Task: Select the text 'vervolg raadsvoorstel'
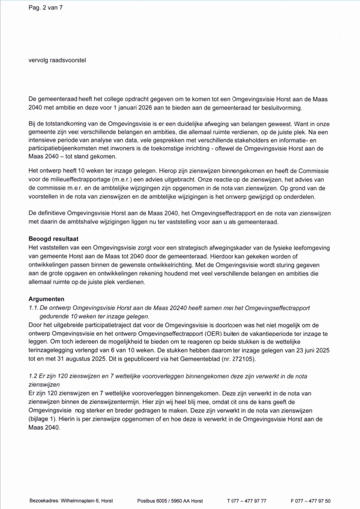tap(58, 60)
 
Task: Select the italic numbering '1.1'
tap(34, 308)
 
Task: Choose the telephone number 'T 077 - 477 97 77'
tap(246, 500)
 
